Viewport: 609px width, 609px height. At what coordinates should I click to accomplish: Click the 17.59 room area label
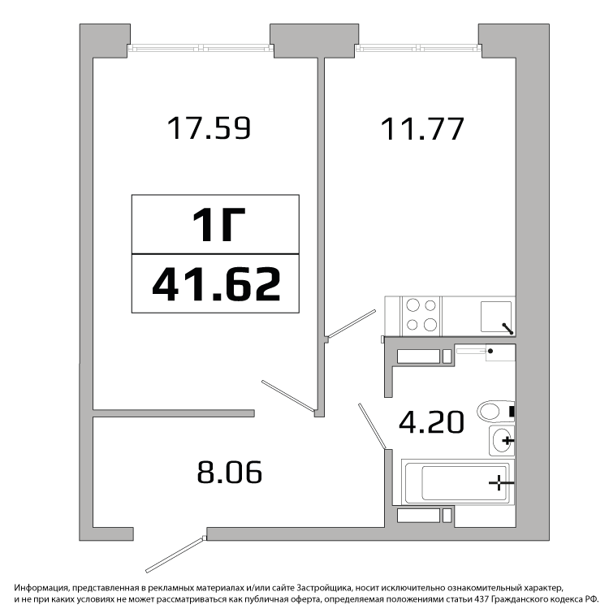tap(209, 127)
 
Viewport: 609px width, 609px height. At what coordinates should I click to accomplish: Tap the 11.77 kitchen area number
tap(422, 128)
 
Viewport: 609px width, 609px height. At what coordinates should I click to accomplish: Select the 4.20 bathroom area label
tap(431, 421)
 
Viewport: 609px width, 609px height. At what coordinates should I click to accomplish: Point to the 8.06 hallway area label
tap(230, 472)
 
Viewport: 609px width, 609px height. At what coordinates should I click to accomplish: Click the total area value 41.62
tap(216, 284)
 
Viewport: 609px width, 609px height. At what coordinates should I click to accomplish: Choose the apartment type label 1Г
tap(218, 224)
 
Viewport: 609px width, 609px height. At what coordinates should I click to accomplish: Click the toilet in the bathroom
tap(496, 412)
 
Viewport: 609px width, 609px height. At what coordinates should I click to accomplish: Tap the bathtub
tap(457, 482)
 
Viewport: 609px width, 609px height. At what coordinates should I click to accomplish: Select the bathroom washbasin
tap(502, 440)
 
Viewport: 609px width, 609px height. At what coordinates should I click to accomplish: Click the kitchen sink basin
tap(496, 317)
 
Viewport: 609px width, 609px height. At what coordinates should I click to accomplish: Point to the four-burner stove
tap(421, 316)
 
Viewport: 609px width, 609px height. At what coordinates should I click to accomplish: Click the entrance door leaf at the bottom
tap(175, 555)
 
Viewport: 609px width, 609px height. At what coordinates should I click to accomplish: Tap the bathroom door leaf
tap(372, 426)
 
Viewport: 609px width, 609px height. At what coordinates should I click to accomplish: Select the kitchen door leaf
tap(352, 323)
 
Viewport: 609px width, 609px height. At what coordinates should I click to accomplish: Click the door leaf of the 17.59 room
tap(287, 395)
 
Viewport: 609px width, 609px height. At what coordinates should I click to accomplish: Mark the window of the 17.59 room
tap(201, 48)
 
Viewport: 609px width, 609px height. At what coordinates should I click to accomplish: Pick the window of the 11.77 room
tap(418, 48)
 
